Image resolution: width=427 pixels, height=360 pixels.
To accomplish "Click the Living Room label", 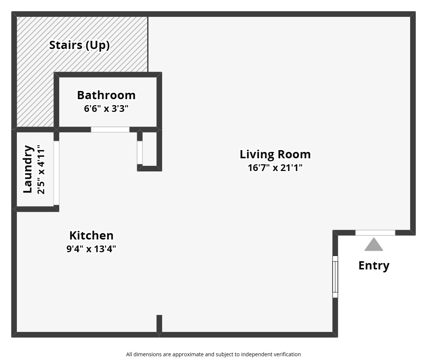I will pyautogui.click(x=275, y=154).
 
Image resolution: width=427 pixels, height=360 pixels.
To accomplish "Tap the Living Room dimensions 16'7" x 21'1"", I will pyautogui.click(x=275, y=167).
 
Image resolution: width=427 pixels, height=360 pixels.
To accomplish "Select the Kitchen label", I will pyautogui.click(x=91, y=235).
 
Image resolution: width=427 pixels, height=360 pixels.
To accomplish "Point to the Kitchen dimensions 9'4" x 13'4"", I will pyautogui.click(x=91, y=249).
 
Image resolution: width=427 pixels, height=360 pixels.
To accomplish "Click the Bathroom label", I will pyautogui.click(x=106, y=95).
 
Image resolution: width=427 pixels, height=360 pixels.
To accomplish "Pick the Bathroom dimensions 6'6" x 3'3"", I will pyautogui.click(x=106, y=109).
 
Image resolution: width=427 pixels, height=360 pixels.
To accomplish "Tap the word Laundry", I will pyautogui.click(x=28, y=169).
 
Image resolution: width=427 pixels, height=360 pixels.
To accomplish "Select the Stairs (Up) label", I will pyautogui.click(x=79, y=45).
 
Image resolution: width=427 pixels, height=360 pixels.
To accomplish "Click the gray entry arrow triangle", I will pyautogui.click(x=374, y=245).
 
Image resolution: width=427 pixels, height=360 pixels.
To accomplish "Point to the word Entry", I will pyautogui.click(x=374, y=265).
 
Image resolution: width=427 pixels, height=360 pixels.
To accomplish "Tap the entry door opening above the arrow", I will pyautogui.click(x=375, y=233).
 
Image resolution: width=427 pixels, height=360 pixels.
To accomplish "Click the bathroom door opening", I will pyautogui.click(x=110, y=129).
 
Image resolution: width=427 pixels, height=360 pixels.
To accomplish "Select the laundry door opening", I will pyautogui.click(x=57, y=173).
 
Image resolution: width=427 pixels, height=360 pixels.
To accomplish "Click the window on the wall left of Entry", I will pyautogui.click(x=335, y=277).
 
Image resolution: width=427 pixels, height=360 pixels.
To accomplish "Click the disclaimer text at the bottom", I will pyautogui.click(x=213, y=354).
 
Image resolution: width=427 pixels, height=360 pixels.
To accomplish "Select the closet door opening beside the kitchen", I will pyautogui.click(x=140, y=152).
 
